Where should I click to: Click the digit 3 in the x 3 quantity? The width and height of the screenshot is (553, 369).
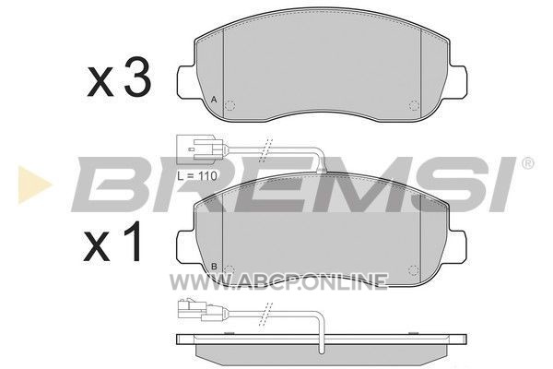pos(137,77)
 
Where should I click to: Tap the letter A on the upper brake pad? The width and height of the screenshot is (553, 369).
pos(214,100)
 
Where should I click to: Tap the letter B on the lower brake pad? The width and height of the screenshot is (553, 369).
pos(214,267)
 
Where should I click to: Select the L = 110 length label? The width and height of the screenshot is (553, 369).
pos(197,175)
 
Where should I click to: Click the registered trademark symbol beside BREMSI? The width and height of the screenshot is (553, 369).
pos(527,163)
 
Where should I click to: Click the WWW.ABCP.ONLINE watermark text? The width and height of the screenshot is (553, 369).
pos(278,281)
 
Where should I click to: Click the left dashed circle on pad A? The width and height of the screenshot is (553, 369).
pos(229,105)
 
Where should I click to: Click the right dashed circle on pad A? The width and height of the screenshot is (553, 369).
pos(414,105)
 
